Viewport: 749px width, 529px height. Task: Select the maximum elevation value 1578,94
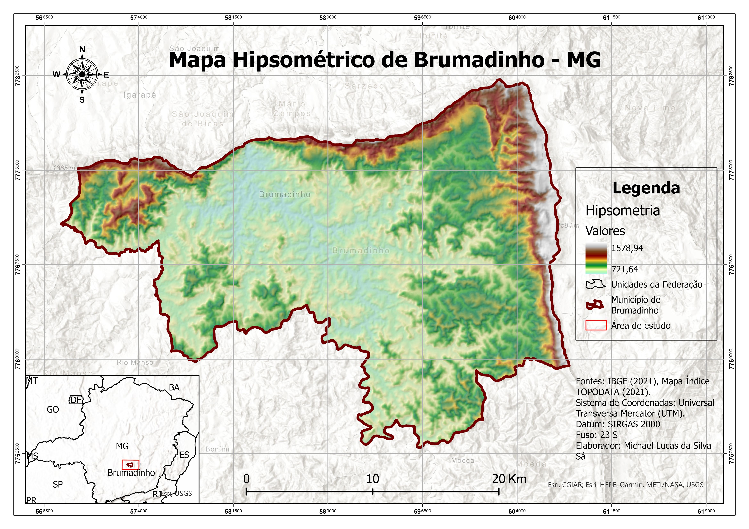627,248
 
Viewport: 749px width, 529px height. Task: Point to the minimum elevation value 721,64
624,269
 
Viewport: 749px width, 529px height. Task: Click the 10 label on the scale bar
372,479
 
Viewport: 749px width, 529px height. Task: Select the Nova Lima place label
650,108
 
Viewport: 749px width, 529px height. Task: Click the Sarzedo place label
364,86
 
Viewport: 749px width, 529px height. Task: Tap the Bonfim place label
217,449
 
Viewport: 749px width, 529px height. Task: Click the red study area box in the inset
131,465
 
